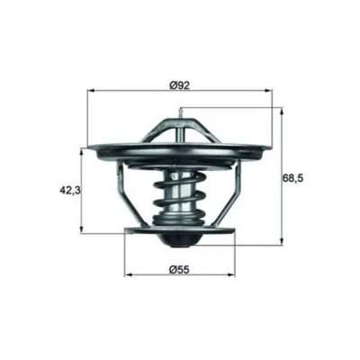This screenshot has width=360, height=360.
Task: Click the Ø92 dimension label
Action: point(179,85)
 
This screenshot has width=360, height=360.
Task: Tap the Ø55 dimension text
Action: point(179,270)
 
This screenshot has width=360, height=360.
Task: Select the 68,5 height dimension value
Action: point(293,178)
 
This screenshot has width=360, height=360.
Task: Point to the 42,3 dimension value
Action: point(70,190)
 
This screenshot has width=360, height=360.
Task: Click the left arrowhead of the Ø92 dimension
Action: point(90,89)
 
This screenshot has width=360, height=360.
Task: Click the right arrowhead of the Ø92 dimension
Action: point(269,89)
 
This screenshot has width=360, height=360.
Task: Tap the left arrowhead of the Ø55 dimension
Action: point(128,274)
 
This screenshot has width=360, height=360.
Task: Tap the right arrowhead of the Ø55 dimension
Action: point(231,274)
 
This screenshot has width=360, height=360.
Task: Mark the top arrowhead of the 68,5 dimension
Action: point(282,112)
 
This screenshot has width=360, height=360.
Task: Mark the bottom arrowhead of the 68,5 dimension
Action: point(282,241)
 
